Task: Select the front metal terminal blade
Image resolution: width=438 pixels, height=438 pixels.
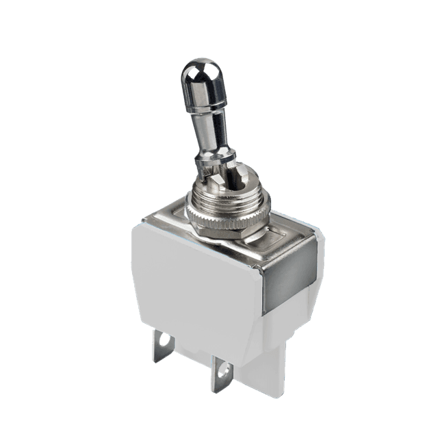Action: pos(221,373)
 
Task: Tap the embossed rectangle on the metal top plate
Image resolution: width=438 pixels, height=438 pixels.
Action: pos(277,240)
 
